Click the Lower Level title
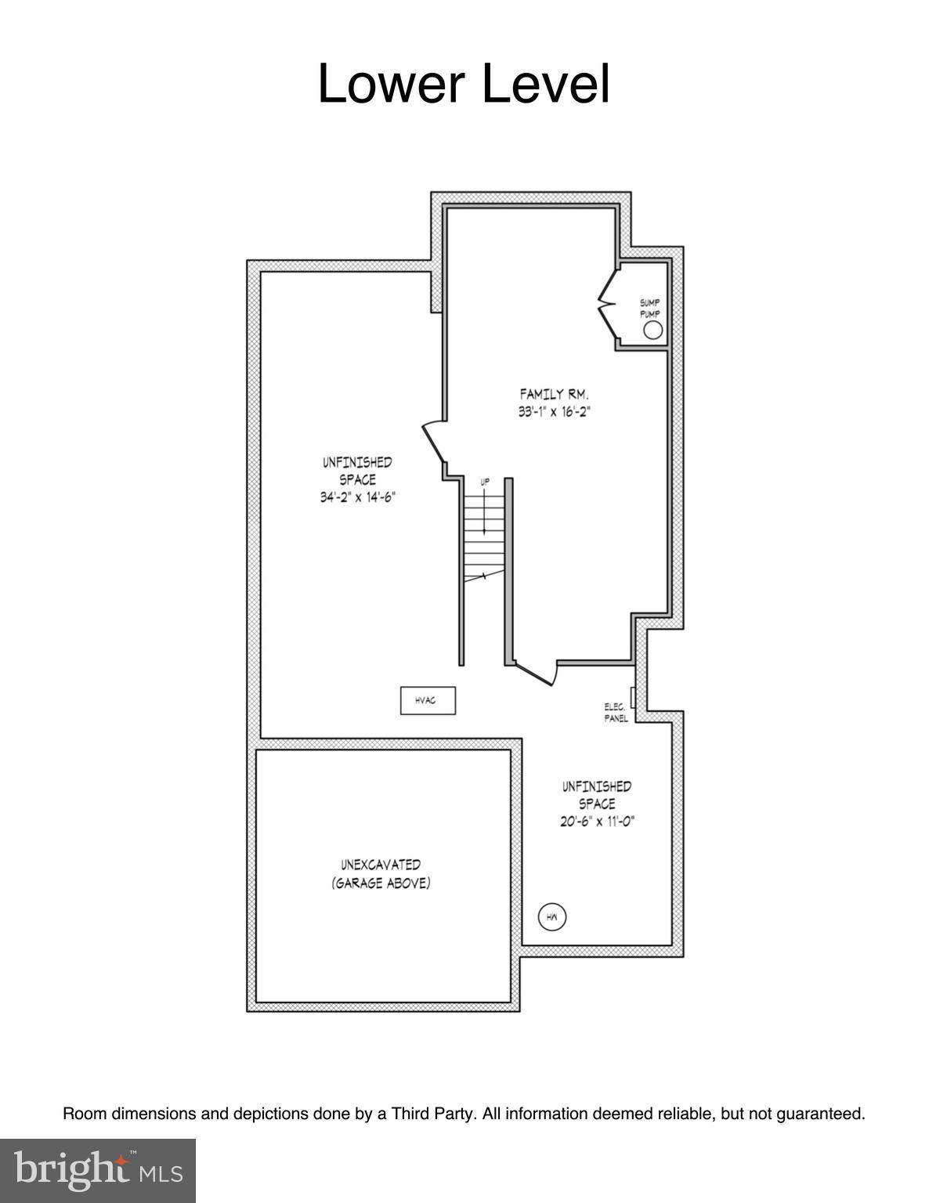click(464, 84)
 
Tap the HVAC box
click(428, 700)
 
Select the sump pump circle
click(652, 331)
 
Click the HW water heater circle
click(551, 916)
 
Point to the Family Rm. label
click(554, 394)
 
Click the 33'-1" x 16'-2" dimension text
click(553, 412)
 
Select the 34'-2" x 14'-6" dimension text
click(357, 497)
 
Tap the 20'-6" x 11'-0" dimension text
click(597, 822)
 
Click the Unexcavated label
click(381, 865)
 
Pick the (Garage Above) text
click(381, 883)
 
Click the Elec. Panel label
click(616, 712)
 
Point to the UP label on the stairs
click(485, 482)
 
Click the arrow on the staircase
click(485, 513)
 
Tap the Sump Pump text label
click(650, 308)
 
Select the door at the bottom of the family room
click(536, 673)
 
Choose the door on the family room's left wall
click(433, 443)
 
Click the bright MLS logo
click(98, 1170)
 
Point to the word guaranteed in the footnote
click(820, 1113)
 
